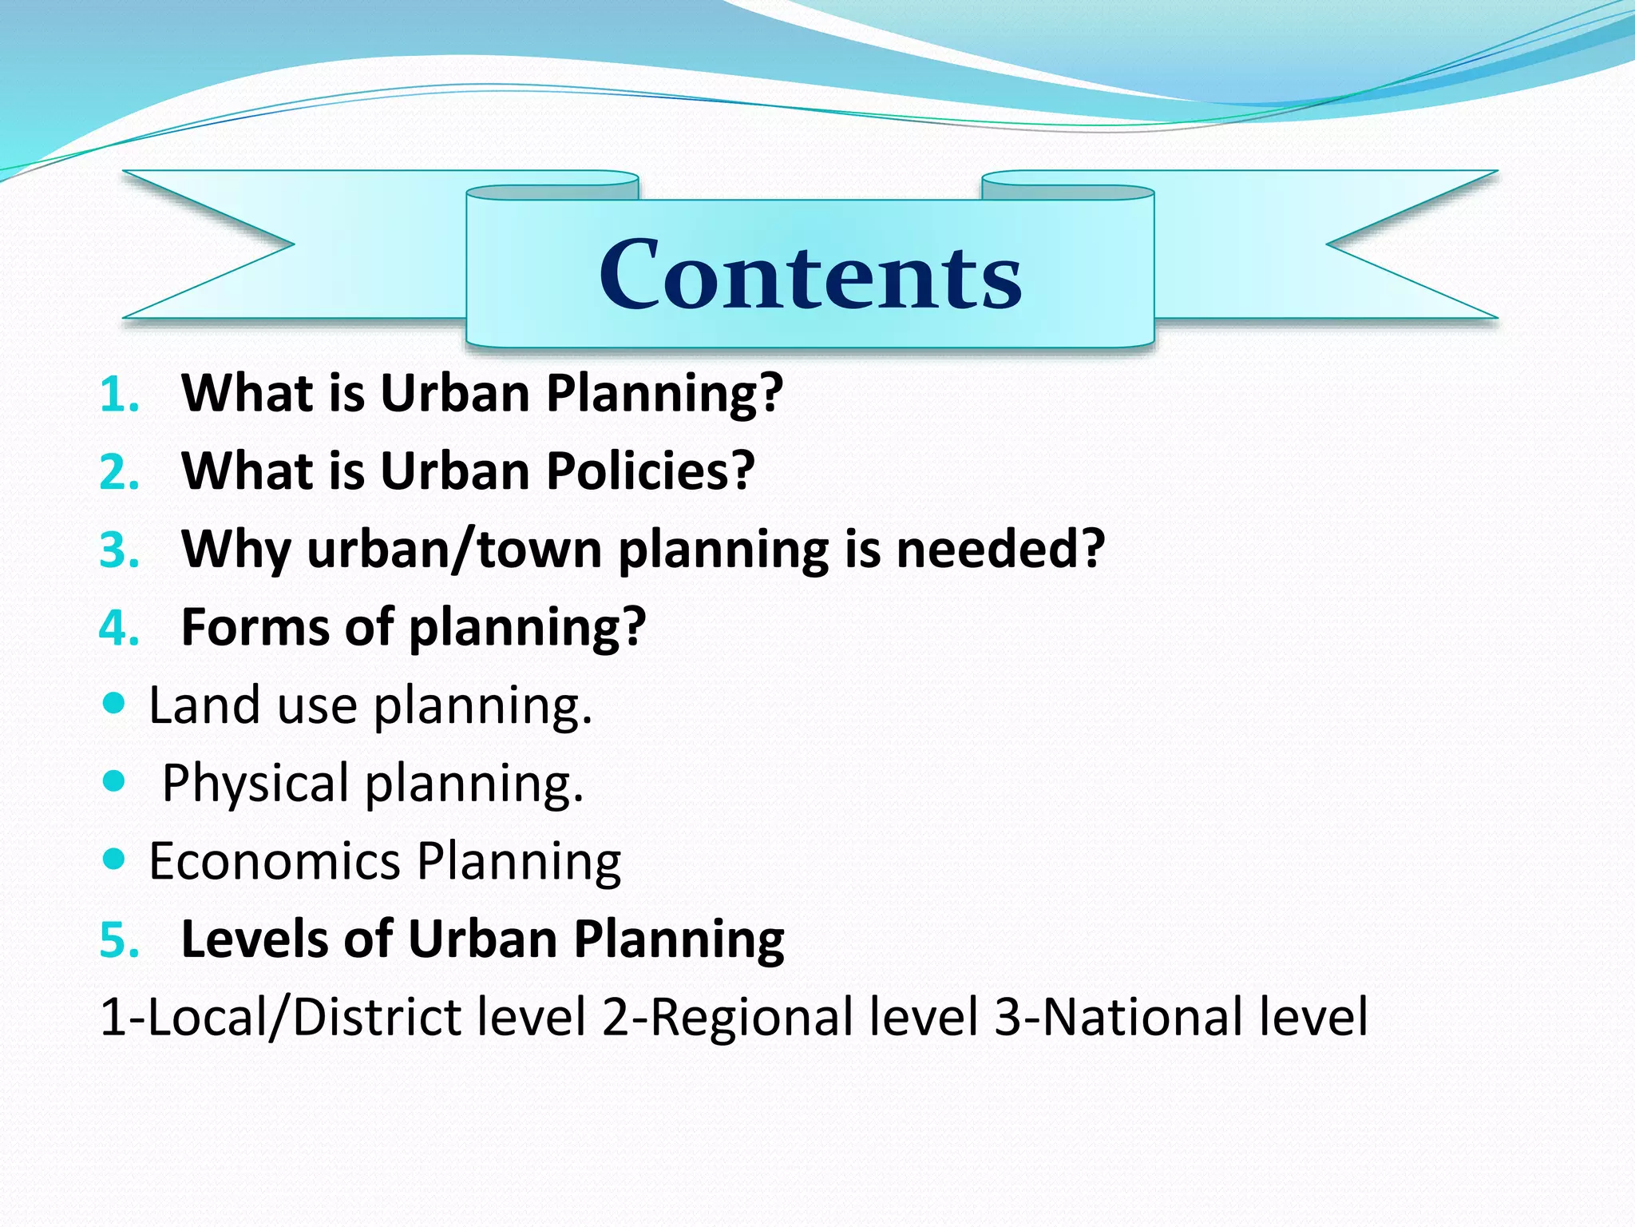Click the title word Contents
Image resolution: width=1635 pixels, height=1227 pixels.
pos(810,275)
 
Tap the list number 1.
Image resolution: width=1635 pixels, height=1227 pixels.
pos(118,395)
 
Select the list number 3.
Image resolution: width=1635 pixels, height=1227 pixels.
pos(118,551)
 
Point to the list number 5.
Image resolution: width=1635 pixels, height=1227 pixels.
pos(118,940)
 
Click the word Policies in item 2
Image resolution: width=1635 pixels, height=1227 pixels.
pos(650,471)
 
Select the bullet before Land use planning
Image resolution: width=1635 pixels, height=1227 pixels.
pos(115,704)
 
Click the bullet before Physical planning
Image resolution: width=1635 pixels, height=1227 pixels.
pos(115,780)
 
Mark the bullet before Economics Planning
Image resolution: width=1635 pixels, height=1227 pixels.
pos(115,859)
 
